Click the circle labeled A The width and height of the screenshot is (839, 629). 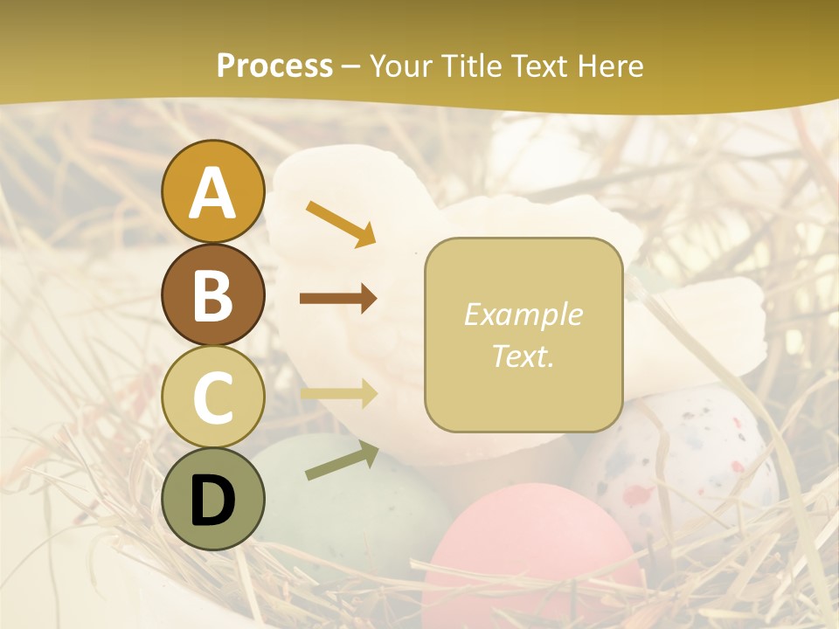click(x=212, y=191)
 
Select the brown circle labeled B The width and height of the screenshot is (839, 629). click(x=212, y=294)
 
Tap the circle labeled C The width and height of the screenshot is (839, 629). click(x=212, y=397)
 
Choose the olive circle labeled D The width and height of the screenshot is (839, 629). click(x=212, y=499)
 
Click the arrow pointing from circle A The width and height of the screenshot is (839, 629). click(x=341, y=223)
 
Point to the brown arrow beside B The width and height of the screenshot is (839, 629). click(x=338, y=299)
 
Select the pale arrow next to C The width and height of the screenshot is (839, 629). click(x=338, y=394)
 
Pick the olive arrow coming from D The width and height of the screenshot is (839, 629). click(x=342, y=460)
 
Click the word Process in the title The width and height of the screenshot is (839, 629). click(x=274, y=66)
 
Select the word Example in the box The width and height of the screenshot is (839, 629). click(x=523, y=314)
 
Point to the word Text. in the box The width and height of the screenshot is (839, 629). click(x=523, y=356)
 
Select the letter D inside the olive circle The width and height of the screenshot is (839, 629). click(x=212, y=501)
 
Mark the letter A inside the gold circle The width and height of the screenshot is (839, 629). click(x=212, y=193)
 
